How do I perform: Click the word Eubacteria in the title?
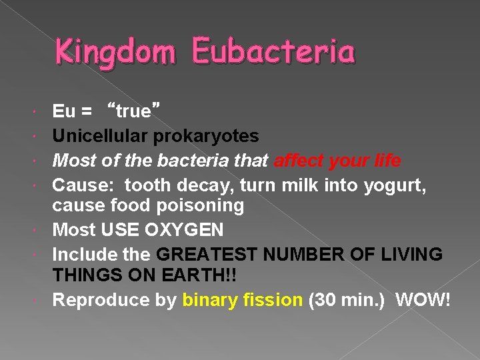click(273, 51)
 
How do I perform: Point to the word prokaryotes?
click(207, 136)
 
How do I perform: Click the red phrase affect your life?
click(346, 161)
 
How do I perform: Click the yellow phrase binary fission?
click(242, 300)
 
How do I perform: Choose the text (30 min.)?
click(348, 300)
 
